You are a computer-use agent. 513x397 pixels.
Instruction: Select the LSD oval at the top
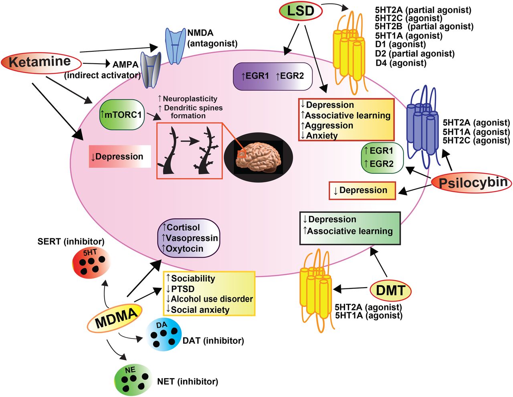(x=301, y=11)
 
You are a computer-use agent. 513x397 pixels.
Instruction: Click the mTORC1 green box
(x=121, y=115)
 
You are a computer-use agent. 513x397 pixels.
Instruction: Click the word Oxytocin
(x=184, y=249)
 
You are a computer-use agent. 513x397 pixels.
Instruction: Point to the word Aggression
(x=329, y=126)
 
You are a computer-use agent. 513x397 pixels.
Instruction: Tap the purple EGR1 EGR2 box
(x=273, y=76)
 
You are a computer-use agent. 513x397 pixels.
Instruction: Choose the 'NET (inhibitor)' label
(x=188, y=382)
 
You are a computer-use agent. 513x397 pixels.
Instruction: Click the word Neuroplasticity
(x=190, y=99)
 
